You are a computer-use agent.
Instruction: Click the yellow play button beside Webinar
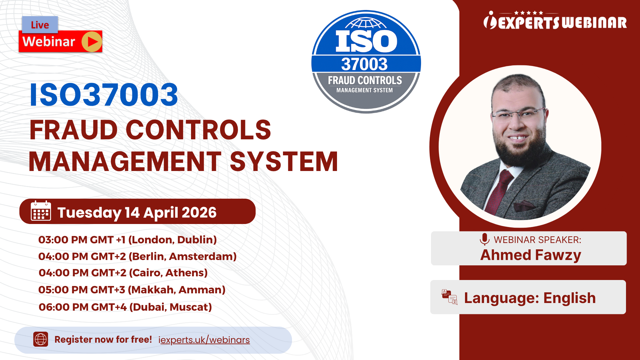point(92,42)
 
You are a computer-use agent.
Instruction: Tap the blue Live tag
point(40,25)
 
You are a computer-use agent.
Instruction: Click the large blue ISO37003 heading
point(104,95)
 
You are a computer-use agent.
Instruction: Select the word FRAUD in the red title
point(73,130)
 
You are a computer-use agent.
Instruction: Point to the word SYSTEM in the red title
point(284,162)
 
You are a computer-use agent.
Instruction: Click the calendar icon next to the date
point(41,211)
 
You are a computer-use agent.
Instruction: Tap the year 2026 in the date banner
point(199,213)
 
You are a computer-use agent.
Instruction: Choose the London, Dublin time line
point(127,240)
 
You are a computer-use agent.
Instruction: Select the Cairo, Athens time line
point(123,273)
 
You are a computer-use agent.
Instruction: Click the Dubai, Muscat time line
point(125,307)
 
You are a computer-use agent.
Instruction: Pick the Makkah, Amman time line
point(132,290)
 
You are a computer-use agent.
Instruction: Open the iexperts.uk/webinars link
point(204,340)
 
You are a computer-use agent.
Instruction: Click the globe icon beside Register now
point(41,339)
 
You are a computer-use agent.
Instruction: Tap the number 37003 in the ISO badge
point(364,64)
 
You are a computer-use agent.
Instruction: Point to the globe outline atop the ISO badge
point(366,23)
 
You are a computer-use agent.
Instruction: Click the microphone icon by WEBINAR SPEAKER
point(484,239)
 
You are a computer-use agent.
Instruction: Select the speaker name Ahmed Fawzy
point(531,255)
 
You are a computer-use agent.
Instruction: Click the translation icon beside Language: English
point(449,297)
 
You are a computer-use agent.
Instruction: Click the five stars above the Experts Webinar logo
point(528,13)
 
